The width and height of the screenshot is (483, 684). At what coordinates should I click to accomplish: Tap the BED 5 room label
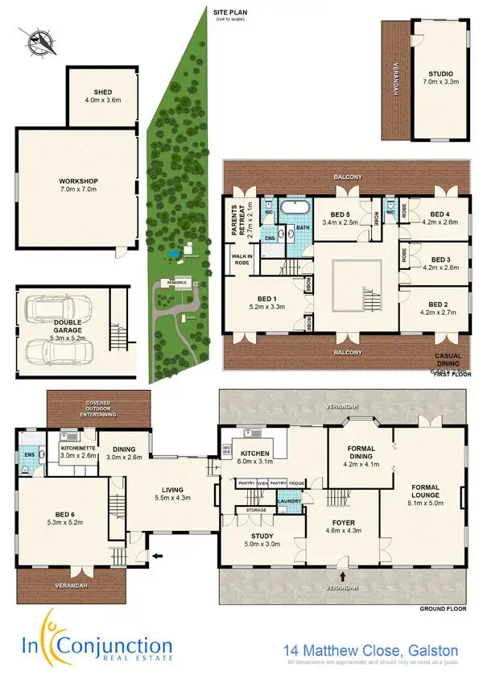tap(341, 218)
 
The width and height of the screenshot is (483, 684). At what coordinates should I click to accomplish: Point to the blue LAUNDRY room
tap(289, 504)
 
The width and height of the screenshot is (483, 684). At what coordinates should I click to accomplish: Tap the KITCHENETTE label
tap(78, 451)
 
